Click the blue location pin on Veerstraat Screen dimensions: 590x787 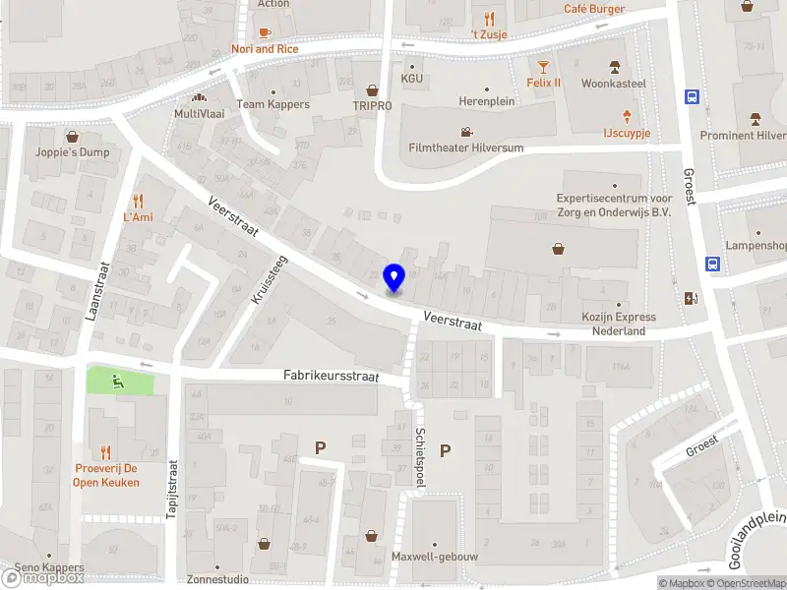[394, 278]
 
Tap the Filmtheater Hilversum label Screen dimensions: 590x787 [465, 147]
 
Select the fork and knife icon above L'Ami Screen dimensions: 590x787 [138, 201]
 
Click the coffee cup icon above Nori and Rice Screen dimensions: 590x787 [265, 32]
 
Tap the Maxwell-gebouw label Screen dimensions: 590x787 [434, 557]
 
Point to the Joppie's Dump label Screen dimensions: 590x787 [73, 152]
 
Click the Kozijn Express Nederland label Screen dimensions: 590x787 [618, 324]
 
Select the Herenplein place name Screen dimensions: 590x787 [487, 101]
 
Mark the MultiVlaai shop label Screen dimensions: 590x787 [200, 114]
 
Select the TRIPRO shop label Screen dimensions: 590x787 [372, 104]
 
